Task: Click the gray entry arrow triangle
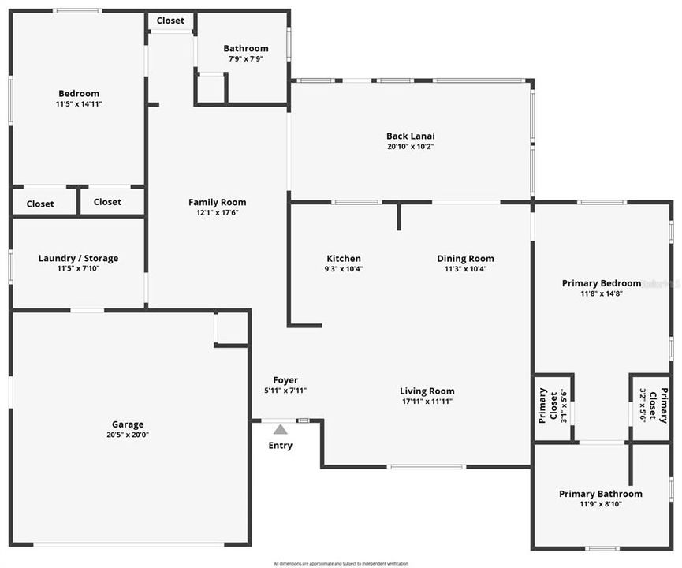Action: point(281,430)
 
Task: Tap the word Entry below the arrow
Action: point(281,446)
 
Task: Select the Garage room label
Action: point(128,424)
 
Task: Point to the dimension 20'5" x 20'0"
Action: point(128,435)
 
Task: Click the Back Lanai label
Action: point(411,136)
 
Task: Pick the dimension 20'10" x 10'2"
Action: point(411,146)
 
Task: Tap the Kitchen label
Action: point(344,259)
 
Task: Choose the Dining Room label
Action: point(466,259)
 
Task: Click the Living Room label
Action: point(427,391)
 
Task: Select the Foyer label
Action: point(285,380)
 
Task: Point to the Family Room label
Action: point(217,202)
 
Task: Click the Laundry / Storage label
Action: point(78,258)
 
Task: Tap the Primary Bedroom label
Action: point(602,283)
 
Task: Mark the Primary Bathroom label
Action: point(601,494)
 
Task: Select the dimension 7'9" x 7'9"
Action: point(246,58)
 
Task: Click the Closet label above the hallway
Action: point(170,21)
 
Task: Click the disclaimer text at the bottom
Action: point(341,563)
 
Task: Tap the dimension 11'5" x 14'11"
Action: point(78,103)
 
